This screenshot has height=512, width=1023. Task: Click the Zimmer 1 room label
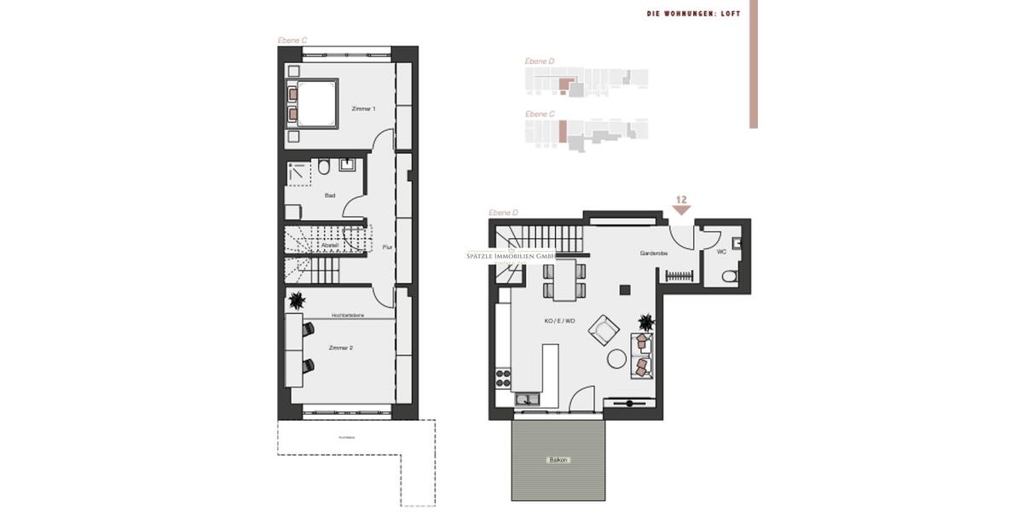[x=363, y=109]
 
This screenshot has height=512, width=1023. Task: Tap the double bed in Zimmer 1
[x=313, y=103]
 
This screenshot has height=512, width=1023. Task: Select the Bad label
[x=330, y=195]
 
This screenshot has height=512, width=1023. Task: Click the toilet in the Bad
[x=324, y=166]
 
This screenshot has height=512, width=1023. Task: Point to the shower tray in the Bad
[x=299, y=172]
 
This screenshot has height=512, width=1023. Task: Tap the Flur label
[x=386, y=247]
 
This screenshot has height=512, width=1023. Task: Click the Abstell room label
[x=330, y=245]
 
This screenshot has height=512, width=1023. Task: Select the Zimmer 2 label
[x=341, y=347]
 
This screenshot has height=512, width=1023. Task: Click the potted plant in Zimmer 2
[x=297, y=300]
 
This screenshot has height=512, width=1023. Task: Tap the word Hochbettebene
[x=348, y=316]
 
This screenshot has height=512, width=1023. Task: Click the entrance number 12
[x=681, y=200]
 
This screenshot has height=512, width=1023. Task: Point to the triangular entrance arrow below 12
[x=681, y=210]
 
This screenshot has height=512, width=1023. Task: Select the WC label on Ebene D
[x=721, y=252]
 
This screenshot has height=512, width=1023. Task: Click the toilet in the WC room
[x=730, y=276]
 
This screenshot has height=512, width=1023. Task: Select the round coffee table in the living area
[x=616, y=358]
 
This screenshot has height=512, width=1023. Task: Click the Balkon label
[x=558, y=460]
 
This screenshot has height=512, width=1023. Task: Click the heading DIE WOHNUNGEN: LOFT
[x=693, y=14]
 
